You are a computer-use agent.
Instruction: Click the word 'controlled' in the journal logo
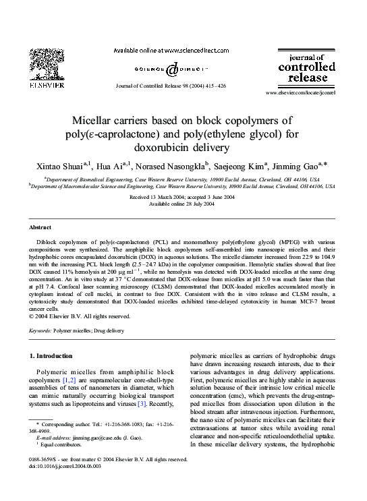(307, 67)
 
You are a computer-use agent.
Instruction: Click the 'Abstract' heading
(41, 228)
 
